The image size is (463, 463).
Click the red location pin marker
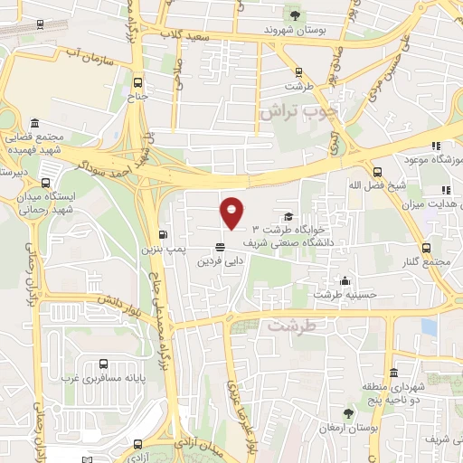(x=231, y=213)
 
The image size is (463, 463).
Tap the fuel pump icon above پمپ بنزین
(x=163, y=233)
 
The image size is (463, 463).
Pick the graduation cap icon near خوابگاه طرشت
(x=288, y=216)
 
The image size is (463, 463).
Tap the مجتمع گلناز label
(x=428, y=261)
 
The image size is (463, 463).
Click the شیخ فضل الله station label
(x=378, y=186)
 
